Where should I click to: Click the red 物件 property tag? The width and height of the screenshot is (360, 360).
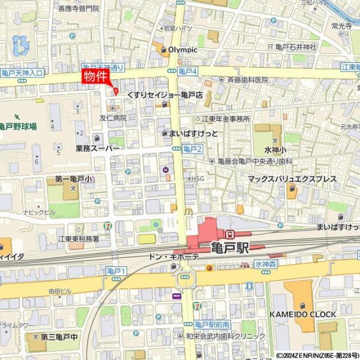pyautogui.click(x=95, y=77)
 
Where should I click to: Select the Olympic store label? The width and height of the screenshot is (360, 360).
pyautogui.click(x=182, y=49)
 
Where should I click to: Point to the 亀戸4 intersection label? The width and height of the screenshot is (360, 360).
pyautogui.click(x=188, y=71)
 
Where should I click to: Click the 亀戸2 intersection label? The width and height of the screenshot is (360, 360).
pyautogui.click(x=193, y=149)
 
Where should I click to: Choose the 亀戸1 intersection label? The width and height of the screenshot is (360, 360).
pyautogui.click(x=116, y=272)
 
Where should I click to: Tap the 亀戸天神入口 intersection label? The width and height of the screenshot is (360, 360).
pyautogui.click(x=22, y=73)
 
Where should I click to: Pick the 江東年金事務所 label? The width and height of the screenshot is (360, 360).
pyautogui.click(x=226, y=119)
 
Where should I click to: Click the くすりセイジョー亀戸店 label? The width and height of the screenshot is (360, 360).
pyautogui.click(x=164, y=95)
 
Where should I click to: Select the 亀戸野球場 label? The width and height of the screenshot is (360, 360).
pyautogui.click(x=18, y=127)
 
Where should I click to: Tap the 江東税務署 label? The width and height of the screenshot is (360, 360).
pyautogui.click(x=79, y=239)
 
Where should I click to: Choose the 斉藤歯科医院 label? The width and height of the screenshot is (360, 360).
pyautogui.click(x=247, y=80)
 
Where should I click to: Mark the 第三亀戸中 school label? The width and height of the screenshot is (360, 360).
pyautogui.click(x=59, y=337)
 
